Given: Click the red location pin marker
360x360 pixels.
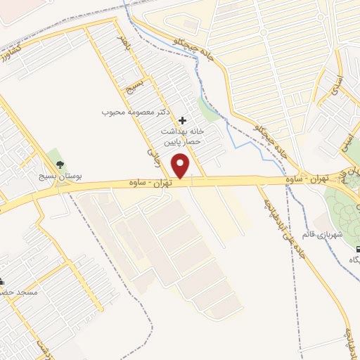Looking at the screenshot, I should point(181,166).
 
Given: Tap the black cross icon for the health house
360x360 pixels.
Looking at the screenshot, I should point(184,121).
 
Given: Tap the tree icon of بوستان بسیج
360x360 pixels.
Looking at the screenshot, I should point(59,165).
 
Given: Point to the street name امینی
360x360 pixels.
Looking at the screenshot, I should point(345,141).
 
